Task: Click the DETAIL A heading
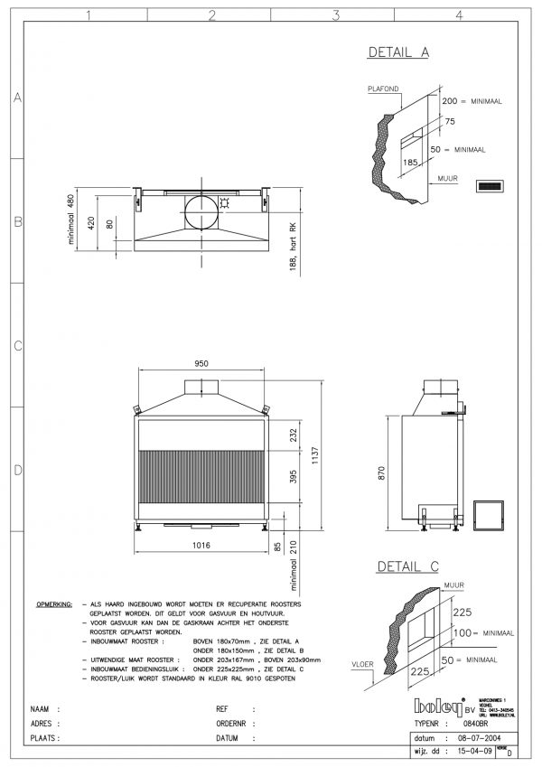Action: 397,53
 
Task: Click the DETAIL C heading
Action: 406,567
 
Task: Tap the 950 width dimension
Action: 201,363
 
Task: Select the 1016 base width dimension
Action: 201,545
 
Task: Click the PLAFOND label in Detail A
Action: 383,89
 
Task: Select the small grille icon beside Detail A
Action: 489,186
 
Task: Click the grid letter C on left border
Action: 16,345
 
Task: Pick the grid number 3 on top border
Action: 335,14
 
